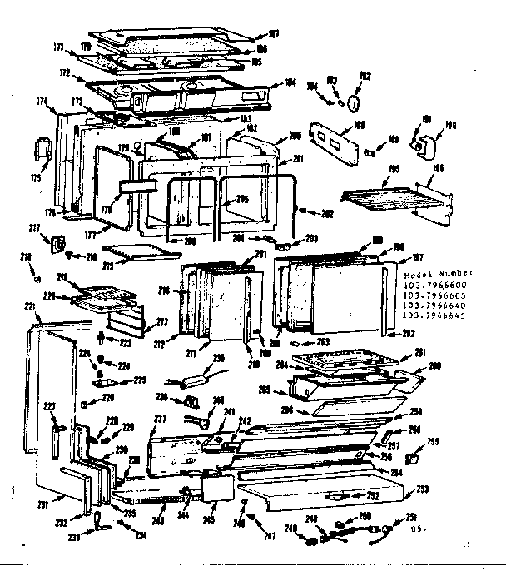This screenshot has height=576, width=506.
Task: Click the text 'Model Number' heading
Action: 437,273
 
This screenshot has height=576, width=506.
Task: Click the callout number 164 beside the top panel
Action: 290,82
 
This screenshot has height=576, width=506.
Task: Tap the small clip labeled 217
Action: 59,243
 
